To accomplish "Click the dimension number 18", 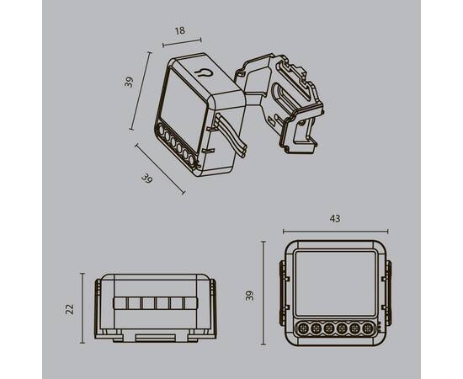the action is [x=180, y=30].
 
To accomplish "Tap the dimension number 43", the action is [x=335, y=219].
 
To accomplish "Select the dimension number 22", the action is [x=70, y=309].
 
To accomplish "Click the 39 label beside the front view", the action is [x=250, y=296].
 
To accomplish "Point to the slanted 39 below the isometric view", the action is [x=147, y=179].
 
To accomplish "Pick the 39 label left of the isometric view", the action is [x=129, y=83].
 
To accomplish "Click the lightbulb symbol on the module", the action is [x=203, y=72].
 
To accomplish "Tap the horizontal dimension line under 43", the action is [x=335, y=232].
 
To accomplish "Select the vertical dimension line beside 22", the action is [x=82, y=308].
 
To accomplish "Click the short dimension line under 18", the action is [x=182, y=43].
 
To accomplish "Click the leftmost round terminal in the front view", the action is [x=303, y=328].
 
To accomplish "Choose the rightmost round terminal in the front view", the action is [x=368, y=328].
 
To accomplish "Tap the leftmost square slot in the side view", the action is [x=120, y=303].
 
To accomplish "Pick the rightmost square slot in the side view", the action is [x=189, y=303].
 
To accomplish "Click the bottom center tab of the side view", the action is [x=156, y=339].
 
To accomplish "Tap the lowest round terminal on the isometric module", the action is [x=192, y=160].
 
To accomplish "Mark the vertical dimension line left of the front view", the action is [x=263, y=293].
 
